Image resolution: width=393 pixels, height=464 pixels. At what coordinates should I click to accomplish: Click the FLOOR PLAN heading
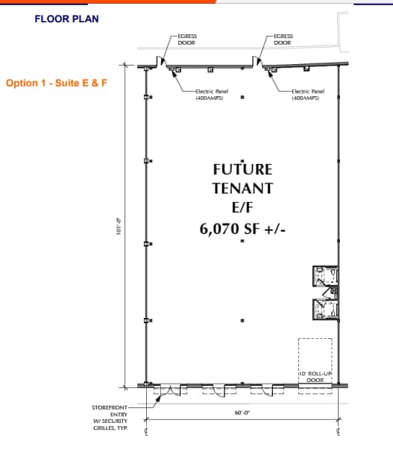[x=66, y=18]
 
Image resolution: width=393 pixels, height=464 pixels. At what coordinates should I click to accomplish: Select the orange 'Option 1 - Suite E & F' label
[x=57, y=83]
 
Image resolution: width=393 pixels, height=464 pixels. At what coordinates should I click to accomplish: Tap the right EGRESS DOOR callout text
[x=283, y=39]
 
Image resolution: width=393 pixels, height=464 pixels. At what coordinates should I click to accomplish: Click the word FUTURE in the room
[x=242, y=169]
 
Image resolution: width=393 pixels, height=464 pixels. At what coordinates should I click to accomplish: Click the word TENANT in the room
[x=242, y=188]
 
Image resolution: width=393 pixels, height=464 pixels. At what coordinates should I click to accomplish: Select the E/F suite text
[x=242, y=208]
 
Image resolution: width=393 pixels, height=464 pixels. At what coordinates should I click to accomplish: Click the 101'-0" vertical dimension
[x=118, y=226]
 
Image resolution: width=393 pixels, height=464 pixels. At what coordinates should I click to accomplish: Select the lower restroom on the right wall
[x=325, y=308]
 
